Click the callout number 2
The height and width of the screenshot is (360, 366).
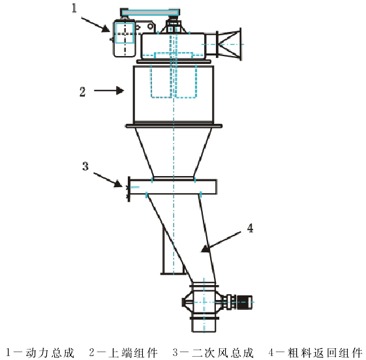[x=82, y=91]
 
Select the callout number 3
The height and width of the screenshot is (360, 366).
[x=85, y=165]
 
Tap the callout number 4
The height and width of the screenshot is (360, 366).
[x=250, y=228]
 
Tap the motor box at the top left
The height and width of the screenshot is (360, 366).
[x=125, y=37]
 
